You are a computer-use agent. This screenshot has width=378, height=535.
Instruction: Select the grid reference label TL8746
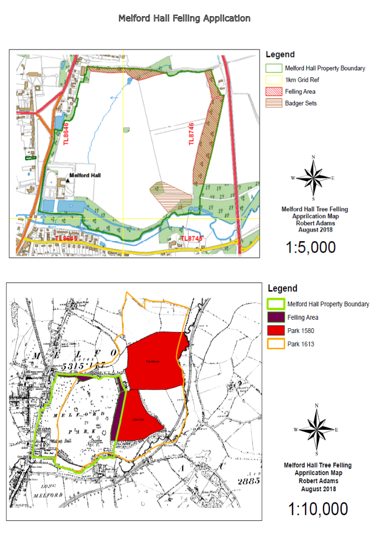click(x=192, y=134)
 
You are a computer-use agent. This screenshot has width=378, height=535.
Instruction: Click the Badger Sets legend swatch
click(x=273, y=103)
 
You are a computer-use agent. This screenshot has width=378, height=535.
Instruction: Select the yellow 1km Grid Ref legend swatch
click(x=273, y=80)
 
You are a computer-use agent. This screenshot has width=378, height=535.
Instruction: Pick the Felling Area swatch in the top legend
click(x=273, y=91)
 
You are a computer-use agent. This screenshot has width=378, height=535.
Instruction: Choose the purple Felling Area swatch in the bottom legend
click(x=276, y=317)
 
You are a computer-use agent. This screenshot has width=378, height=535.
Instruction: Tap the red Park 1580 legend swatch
click(x=276, y=331)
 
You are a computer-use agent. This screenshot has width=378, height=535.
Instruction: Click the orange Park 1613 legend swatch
click(x=276, y=344)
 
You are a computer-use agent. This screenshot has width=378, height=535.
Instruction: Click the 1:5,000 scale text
click(x=311, y=247)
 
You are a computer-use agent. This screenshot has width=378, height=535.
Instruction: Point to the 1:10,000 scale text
click(x=318, y=509)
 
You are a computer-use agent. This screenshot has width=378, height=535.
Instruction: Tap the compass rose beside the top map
click(x=313, y=177)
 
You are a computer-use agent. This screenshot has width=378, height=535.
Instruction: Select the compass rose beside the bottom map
click(x=317, y=429)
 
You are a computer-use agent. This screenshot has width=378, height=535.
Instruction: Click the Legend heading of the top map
click(x=280, y=55)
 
